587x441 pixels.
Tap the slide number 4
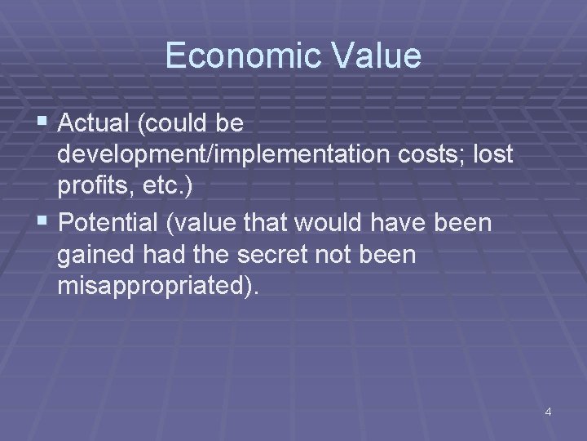[x=548, y=412]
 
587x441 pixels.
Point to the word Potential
[x=113, y=223]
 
